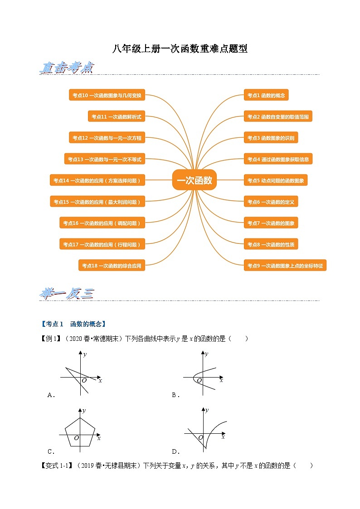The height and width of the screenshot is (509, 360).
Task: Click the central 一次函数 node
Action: [x=195, y=180]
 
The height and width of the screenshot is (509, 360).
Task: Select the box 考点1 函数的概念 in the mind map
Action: [x=266, y=95]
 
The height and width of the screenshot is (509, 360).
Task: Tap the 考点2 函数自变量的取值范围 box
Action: [x=278, y=116]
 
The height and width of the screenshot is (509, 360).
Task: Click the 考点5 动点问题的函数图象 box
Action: [x=276, y=180]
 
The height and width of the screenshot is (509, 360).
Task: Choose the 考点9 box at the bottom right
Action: [x=285, y=266]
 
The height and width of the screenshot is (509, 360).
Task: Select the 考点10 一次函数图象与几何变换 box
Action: [x=107, y=95]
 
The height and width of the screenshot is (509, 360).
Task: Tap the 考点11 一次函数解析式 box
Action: [x=116, y=116]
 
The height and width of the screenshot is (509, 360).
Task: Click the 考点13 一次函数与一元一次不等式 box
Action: [x=104, y=159]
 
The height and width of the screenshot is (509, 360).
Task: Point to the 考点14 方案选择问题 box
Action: [x=97, y=180]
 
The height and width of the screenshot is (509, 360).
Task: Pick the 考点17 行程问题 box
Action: [x=102, y=244]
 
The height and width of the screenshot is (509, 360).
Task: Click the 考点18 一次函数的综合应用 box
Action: [x=112, y=266]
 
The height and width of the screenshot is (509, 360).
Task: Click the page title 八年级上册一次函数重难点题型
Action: [x=180, y=49]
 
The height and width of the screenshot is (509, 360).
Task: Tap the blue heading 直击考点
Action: [x=67, y=68]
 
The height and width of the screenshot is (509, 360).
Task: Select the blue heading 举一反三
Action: [x=67, y=294]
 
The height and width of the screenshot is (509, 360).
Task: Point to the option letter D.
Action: [x=175, y=451]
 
